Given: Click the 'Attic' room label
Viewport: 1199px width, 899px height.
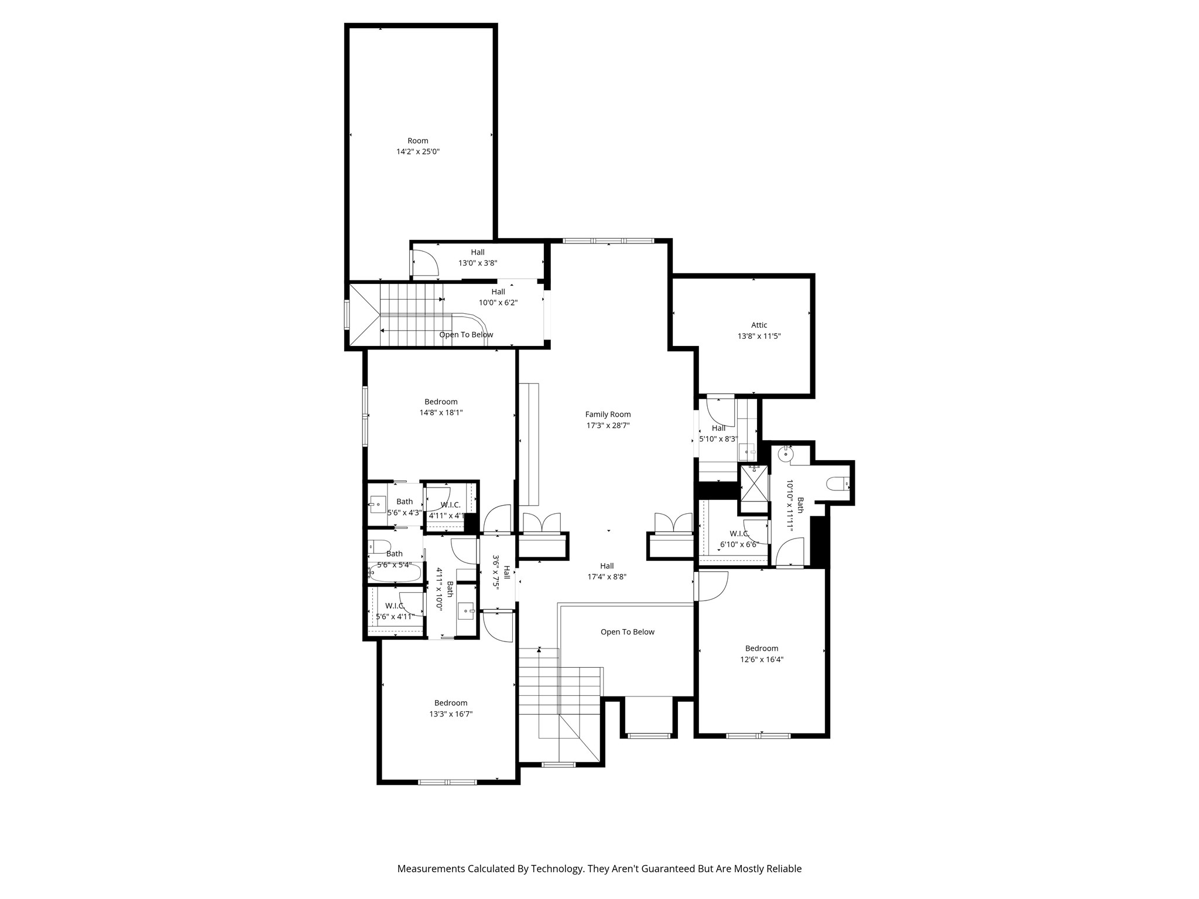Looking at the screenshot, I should (759, 325).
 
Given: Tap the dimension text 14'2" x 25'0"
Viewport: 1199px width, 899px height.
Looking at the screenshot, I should (417, 152).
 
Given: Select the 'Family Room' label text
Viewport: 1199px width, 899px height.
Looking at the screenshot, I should (608, 414).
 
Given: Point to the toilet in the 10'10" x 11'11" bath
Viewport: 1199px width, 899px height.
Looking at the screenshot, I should (835, 484).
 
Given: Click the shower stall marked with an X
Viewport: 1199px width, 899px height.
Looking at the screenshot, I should (753, 483).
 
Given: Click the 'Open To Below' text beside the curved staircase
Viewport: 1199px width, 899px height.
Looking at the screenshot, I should (466, 335).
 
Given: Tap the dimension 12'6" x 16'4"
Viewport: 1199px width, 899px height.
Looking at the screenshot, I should (761, 659).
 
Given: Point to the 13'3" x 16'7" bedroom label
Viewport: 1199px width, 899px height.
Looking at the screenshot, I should (450, 703).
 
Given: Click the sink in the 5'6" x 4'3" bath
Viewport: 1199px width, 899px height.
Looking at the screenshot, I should (378, 503).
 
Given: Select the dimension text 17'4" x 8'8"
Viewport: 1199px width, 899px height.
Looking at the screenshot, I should (607, 577).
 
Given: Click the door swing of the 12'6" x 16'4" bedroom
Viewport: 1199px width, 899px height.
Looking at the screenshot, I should (711, 587).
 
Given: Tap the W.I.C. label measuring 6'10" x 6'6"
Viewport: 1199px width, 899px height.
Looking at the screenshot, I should (739, 534).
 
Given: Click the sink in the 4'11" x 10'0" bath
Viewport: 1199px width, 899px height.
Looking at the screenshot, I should (467, 611).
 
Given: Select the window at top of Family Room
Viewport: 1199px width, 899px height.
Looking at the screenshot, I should (608, 241).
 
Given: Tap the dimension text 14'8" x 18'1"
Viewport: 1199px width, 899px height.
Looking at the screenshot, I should (441, 413).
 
